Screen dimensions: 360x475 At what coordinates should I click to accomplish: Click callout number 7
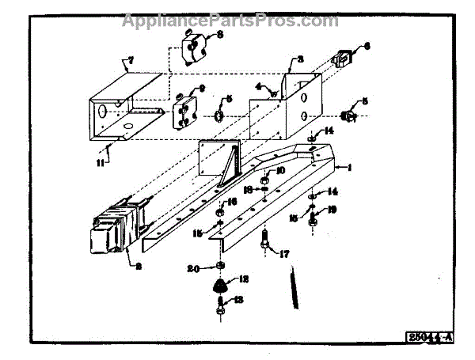(x=131, y=59)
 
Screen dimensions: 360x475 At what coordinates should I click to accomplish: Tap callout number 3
(x=300, y=59)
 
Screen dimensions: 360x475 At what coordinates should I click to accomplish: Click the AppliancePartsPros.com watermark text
(x=230, y=21)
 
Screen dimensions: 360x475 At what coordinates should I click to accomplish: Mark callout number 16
(x=232, y=202)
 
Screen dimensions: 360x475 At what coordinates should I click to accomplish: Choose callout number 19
(x=332, y=210)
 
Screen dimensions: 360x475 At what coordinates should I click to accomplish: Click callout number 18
(x=248, y=189)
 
